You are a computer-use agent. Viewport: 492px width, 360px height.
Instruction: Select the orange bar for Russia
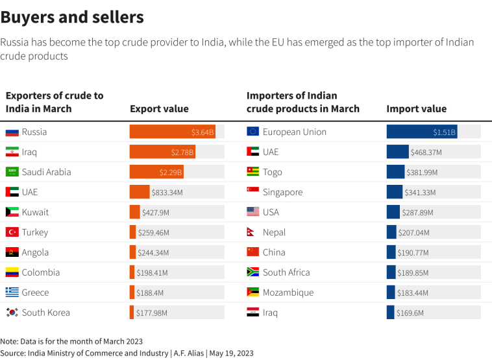172,132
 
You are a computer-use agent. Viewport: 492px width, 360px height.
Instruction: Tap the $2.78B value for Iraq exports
182,152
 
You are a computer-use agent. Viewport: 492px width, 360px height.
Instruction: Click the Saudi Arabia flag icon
12,172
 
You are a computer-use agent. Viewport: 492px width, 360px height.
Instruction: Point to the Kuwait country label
35,212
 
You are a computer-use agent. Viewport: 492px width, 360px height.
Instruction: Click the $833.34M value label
167,193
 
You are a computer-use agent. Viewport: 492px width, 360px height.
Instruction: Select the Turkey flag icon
12,232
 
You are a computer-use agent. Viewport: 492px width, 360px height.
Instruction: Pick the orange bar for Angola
132,252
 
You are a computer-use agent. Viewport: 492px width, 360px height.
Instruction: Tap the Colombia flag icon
12,272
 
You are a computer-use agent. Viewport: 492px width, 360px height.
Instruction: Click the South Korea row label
45,313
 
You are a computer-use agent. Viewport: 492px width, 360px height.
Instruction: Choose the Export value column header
159,109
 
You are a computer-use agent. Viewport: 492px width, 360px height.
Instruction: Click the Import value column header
416,109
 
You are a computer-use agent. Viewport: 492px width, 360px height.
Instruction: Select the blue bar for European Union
421,132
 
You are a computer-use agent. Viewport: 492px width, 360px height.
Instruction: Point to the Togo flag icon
253,172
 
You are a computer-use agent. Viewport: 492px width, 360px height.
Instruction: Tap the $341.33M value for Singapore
420,193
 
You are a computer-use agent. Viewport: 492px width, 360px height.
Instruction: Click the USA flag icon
253,212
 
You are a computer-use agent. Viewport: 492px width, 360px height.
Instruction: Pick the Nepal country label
274,232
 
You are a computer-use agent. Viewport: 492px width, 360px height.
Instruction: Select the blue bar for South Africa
391,272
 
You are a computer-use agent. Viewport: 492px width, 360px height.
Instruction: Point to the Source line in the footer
127,353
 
